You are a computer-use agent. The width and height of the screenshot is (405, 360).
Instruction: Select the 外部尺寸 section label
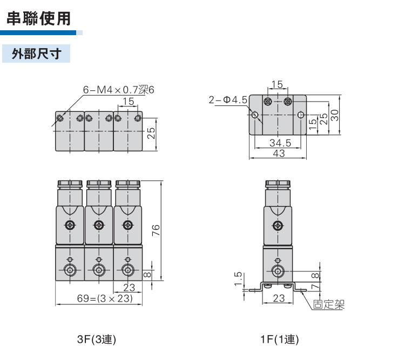36,54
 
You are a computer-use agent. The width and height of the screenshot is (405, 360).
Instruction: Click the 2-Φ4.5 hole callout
228,99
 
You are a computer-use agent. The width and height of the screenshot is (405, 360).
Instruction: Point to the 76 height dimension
155,230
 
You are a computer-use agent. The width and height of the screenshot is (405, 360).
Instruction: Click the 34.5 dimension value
280,143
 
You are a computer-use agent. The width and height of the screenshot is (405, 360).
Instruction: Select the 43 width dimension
279,154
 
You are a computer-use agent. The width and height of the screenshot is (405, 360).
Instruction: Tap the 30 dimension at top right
335,115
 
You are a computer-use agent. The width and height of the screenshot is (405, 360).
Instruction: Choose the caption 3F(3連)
97,339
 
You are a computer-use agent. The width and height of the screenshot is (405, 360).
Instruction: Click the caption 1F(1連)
279,339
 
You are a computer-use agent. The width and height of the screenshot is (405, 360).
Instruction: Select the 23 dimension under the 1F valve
279,298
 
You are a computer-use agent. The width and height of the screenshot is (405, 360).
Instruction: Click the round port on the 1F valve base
278,270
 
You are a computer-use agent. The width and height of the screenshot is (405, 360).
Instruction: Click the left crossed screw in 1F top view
267,101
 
